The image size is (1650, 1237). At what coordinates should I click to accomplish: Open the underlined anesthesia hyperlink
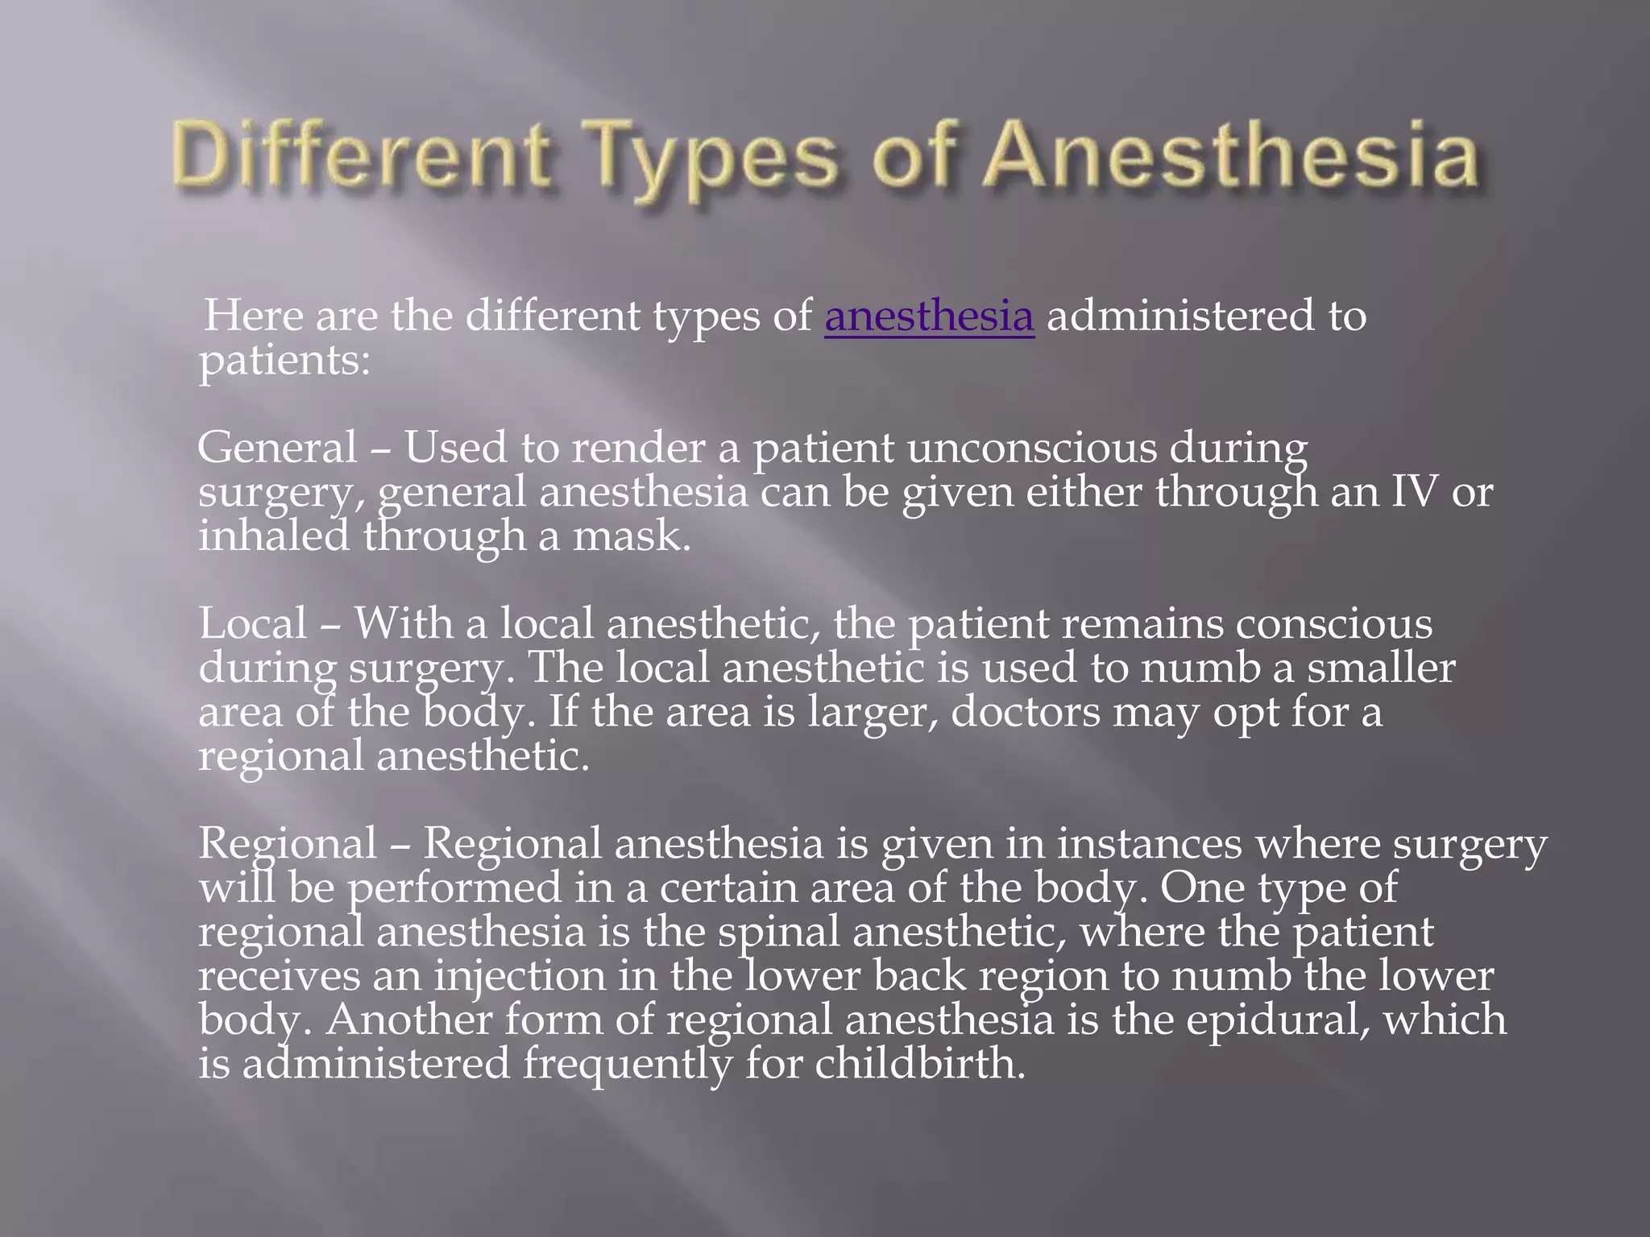click(929, 315)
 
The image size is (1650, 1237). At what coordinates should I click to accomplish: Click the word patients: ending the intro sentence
click(284, 362)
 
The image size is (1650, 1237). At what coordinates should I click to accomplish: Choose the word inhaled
click(274, 536)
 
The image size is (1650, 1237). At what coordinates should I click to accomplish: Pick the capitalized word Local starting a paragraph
click(253, 623)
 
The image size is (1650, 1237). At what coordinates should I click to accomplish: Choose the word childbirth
click(920, 1063)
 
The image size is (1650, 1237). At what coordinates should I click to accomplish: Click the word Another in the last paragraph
click(408, 1019)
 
